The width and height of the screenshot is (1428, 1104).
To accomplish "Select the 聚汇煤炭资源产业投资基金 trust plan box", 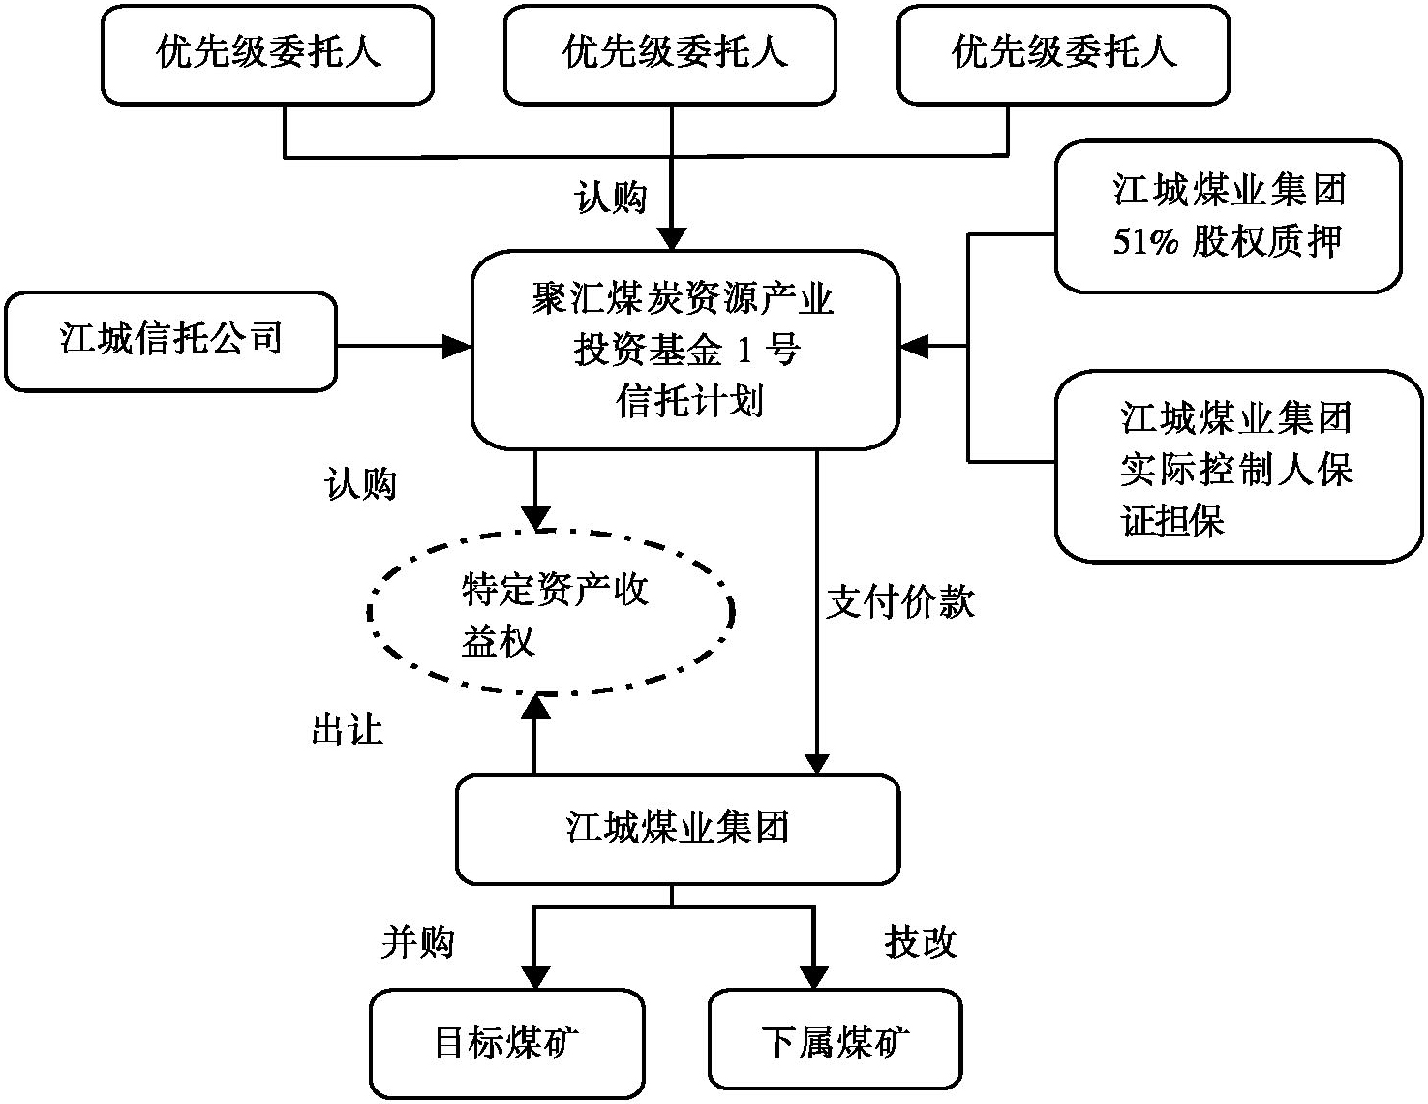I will point(684,350).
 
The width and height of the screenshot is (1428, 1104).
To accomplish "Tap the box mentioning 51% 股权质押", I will point(1228,216).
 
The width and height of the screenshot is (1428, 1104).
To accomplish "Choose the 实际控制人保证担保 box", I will point(1237,467).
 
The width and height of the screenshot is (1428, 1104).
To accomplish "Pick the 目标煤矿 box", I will point(506,1043).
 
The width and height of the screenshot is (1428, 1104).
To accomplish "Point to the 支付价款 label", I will point(900,602).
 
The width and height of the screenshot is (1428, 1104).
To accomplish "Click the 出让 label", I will point(347,729).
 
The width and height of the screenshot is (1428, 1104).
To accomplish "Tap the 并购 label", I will point(417,941).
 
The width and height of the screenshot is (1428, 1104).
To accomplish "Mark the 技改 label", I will point(920,941).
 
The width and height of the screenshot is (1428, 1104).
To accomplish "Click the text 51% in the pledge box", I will point(1145,241).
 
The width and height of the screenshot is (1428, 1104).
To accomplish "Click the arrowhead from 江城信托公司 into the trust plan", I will point(457,346).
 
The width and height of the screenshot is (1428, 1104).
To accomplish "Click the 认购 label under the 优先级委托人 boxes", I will point(610,198).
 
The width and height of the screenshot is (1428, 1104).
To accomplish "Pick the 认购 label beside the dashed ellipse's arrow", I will point(360,484).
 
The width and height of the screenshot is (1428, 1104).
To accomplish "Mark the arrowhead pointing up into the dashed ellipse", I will point(535,707).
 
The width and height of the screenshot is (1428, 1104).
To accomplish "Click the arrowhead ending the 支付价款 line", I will point(818,761).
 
